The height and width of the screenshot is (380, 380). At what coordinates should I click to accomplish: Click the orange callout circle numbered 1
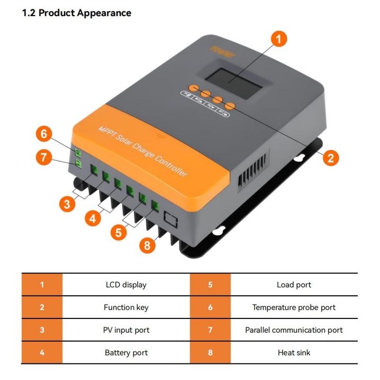pyautogui.click(x=280, y=39)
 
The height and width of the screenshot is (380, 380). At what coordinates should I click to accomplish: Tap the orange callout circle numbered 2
pyautogui.click(x=330, y=157)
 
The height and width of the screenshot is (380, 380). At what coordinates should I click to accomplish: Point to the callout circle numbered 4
pyautogui.click(x=93, y=218)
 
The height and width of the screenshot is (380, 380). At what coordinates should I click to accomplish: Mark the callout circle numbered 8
pyautogui.click(x=147, y=245)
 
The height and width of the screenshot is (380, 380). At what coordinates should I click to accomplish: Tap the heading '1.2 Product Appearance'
pyautogui.click(x=77, y=13)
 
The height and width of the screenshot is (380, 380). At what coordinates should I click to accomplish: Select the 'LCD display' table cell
pyautogui.click(x=126, y=285)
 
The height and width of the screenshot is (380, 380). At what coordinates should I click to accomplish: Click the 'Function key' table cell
pyautogui.click(x=126, y=308)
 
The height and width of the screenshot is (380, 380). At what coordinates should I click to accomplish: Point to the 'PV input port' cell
pyautogui.click(x=126, y=330)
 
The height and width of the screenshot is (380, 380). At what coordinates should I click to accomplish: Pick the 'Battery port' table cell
pyautogui.click(x=126, y=353)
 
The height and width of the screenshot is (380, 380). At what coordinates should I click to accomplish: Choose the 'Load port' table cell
pyautogui.click(x=294, y=285)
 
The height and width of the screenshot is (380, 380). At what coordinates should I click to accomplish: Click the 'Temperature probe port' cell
pyautogui.click(x=294, y=308)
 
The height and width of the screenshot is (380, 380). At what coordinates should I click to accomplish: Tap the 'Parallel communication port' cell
pyautogui.click(x=294, y=330)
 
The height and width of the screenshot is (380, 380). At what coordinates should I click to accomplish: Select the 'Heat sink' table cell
pyautogui.click(x=294, y=353)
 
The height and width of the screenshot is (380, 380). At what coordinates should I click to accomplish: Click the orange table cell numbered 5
pyautogui.click(x=210, y=285)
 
